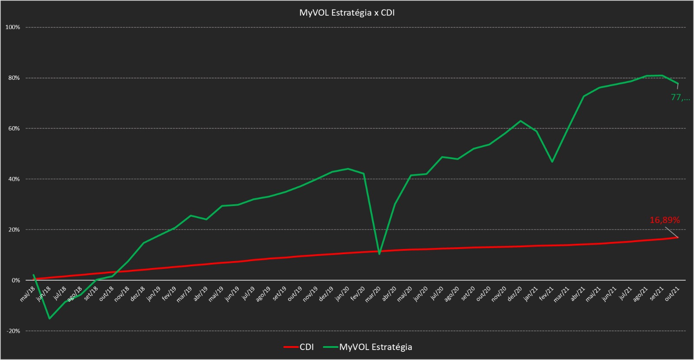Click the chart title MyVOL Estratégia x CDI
click(x=347, y=13)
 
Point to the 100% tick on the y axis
click(x=13, y=27)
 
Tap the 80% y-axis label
click(x=13, y=78)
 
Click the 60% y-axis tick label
click(x=13, y=128)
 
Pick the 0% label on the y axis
click(x=15, y=280)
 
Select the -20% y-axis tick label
click(x=13, y=331)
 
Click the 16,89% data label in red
click(x=664, y=220)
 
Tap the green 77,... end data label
click(x=680, y=98)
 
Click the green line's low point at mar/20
click(x=380, y=254)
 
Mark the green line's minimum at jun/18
click(x=49, y=318)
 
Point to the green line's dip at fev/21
click(x=552, y=162)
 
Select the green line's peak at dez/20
click(x=520, y=121)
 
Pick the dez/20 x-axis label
click(x=514, y=291)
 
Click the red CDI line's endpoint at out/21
click(x=678, y=237)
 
